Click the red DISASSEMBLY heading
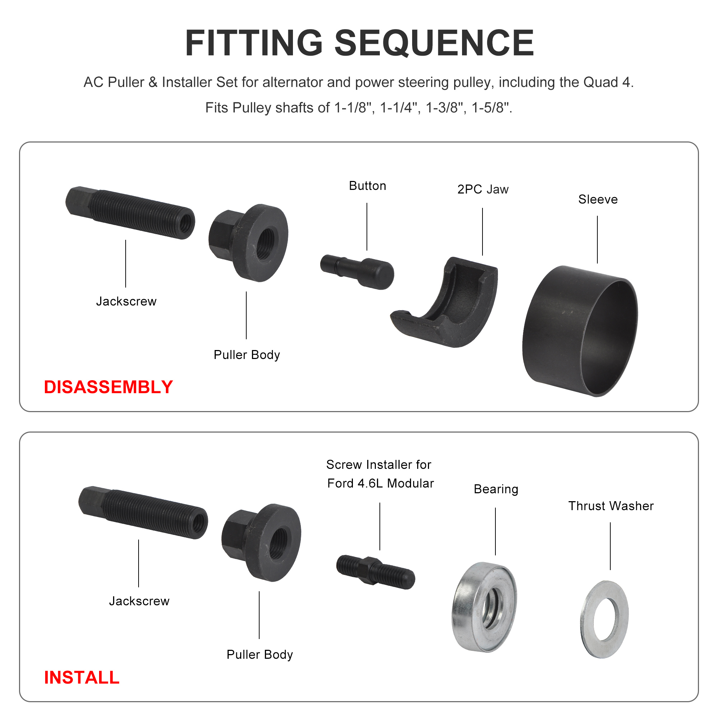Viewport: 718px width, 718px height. pyautogui.click(x=108, y=387)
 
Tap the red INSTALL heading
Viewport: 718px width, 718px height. pyautogui.click(x=82, y=677)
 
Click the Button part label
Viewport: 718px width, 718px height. pyautogui.click(x=367, y=186)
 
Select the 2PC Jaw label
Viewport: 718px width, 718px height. pyautogui.click(x=483, y=190)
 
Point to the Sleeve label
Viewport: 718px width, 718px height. pyautogui.click(x=598, y=200)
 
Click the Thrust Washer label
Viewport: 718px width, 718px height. pyautogui.click(x=611, y=506)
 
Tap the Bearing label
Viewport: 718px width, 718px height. pyautogui.click(x=496, y=489)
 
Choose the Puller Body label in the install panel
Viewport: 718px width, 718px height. pyautogui.click(x=260, y=654)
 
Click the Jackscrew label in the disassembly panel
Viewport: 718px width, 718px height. pyautogui.click(x=126, y=301)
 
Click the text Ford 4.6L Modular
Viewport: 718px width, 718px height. pyautogui.click(x=380, y=483)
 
